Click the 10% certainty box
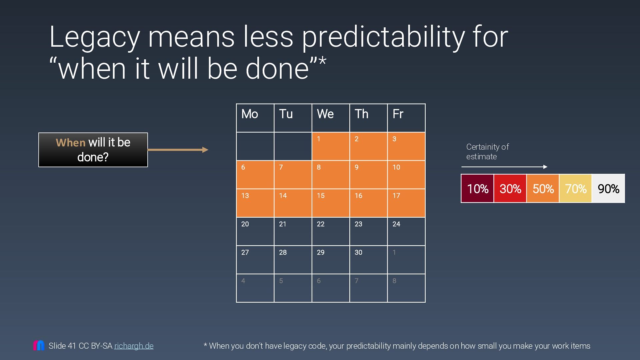[x=477, y=189]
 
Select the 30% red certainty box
[x=510, y=189]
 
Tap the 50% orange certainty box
[x=543, y=189]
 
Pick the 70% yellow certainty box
[x=575, y=189]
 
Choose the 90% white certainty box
[x=608, y=189]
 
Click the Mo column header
[x=255, y=118]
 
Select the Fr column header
[x=406, y=118]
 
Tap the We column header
[x=331, y=118]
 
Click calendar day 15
[x=331, y=203]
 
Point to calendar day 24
[x=406, y=231]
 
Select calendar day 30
[x=368, y=260]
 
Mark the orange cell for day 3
[x=406, y=146]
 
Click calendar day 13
[x=255, y=203]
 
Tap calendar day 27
[x=255, y=260]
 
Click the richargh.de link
[x=134, y=346]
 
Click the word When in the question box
[x=71, y=143]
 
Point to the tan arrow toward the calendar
[x=178, y=150]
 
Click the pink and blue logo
[x=39, y=345]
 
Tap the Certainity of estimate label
[x=487, y=152]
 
